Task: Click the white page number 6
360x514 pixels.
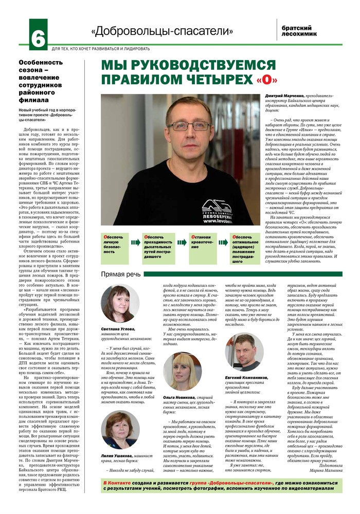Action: pos(37,35)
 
